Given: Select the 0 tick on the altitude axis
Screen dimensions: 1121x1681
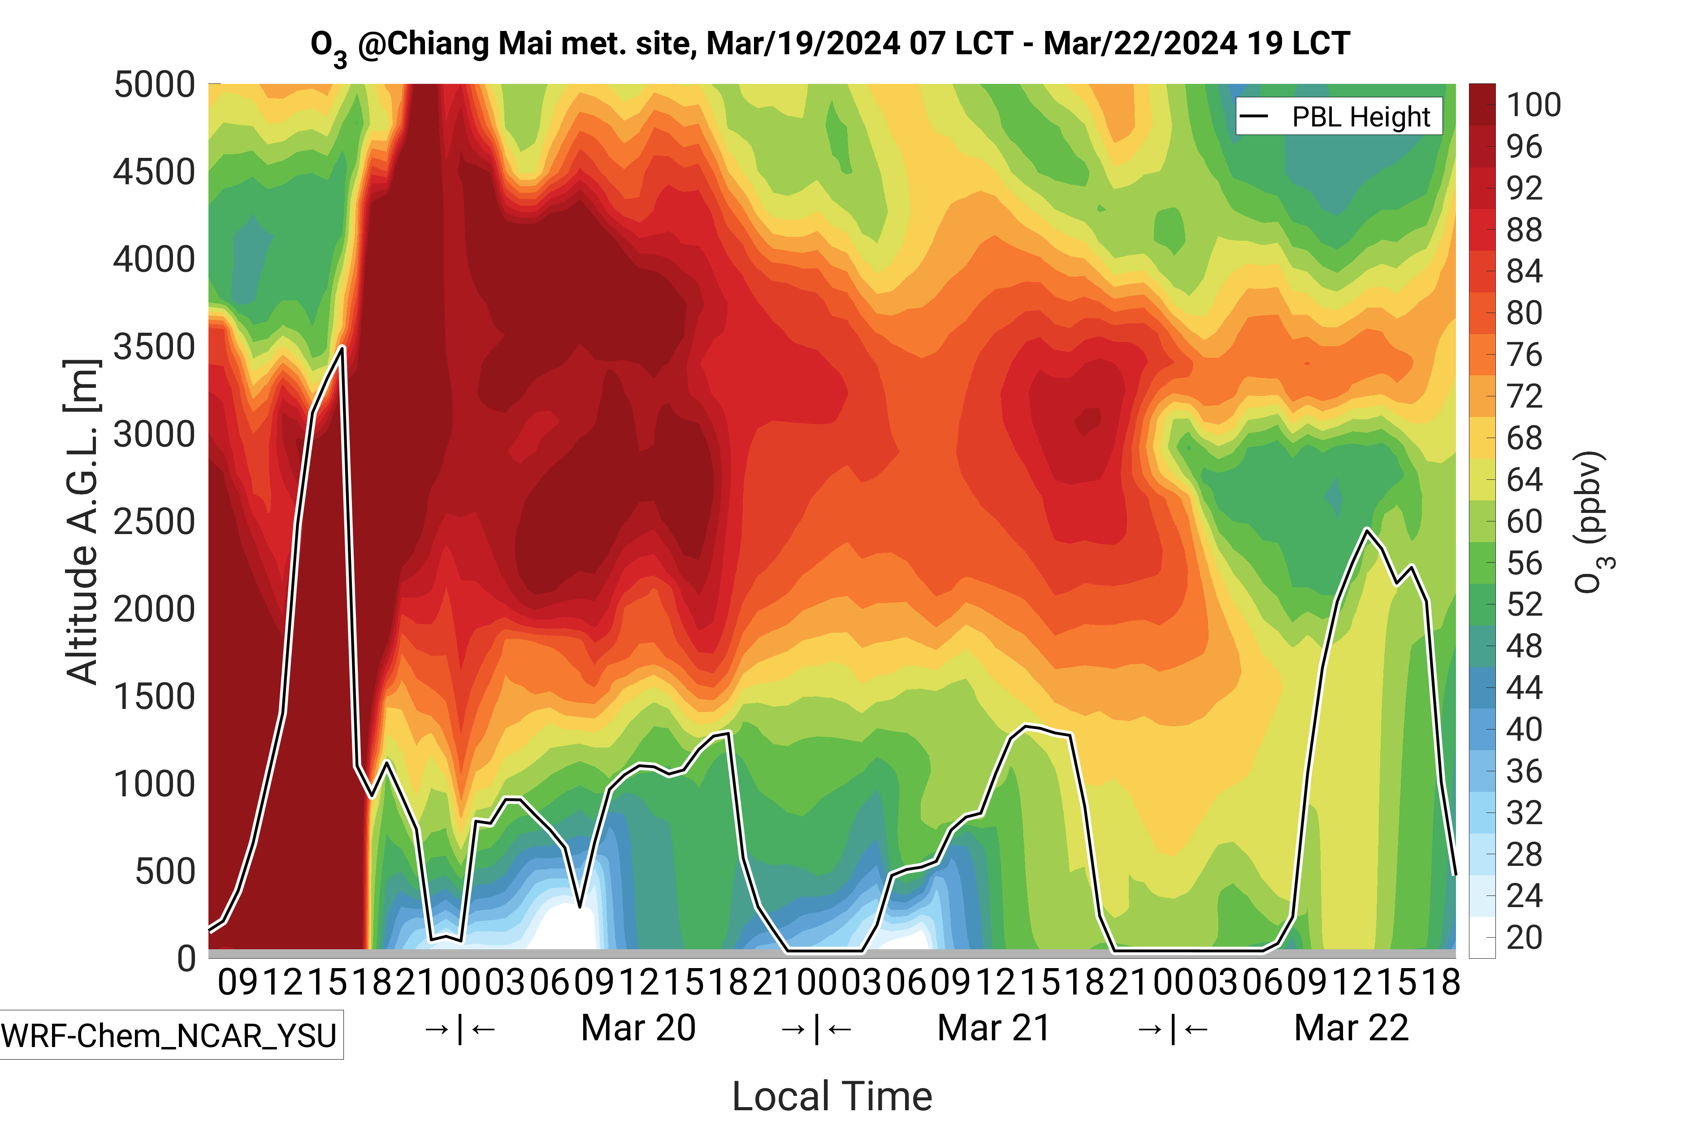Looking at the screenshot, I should point(186,958).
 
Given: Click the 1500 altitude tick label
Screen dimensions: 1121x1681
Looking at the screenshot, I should point(154,696).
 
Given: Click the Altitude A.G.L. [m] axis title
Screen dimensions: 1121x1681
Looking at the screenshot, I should point(82,522).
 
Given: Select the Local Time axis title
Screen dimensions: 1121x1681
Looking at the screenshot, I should point(832,1095).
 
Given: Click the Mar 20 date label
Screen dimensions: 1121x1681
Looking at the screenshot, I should point(638,1028).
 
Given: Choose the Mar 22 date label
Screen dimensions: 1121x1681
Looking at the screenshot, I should point(1351,1028).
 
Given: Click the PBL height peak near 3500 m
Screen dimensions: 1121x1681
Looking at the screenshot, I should point(343,348).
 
